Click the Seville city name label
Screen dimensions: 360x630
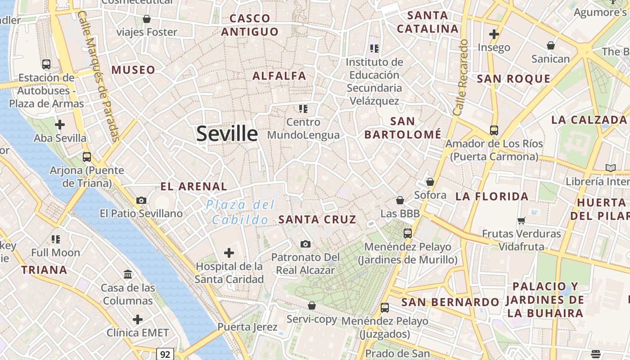227,134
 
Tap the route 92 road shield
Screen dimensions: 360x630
165,354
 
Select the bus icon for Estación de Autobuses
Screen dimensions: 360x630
46,64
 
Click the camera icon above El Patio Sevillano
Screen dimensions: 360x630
141,200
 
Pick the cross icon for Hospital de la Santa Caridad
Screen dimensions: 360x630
229,253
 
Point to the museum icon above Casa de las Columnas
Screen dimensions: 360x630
128,274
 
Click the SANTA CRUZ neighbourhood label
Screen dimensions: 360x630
317,220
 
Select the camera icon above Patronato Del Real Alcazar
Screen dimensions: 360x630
306,244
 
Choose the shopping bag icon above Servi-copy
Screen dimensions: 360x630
311,306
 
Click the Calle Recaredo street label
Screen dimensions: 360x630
461,77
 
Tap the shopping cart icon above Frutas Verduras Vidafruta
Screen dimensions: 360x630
522,220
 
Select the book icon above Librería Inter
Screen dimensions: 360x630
610,168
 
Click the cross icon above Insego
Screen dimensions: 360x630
494,34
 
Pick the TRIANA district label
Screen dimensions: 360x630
44,270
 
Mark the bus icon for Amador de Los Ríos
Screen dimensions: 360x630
494,130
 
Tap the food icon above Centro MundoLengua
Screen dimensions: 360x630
303,108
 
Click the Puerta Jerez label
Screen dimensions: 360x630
247,327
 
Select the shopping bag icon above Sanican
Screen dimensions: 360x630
550,45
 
